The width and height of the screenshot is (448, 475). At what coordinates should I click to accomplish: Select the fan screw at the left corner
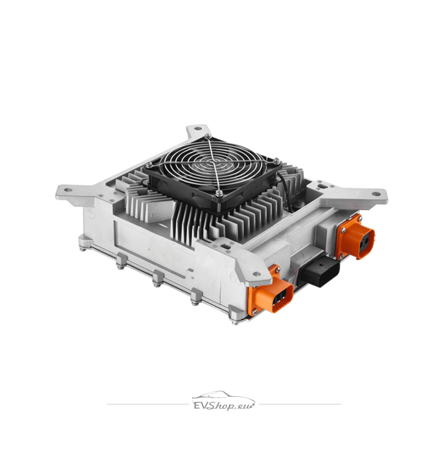tap(149, 164)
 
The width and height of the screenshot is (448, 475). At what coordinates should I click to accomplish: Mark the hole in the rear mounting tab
tap(198, 129)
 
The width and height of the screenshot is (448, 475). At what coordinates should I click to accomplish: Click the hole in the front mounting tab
tap(256, 273)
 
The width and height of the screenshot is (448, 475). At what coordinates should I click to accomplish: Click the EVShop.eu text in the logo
tap(224, 405)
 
